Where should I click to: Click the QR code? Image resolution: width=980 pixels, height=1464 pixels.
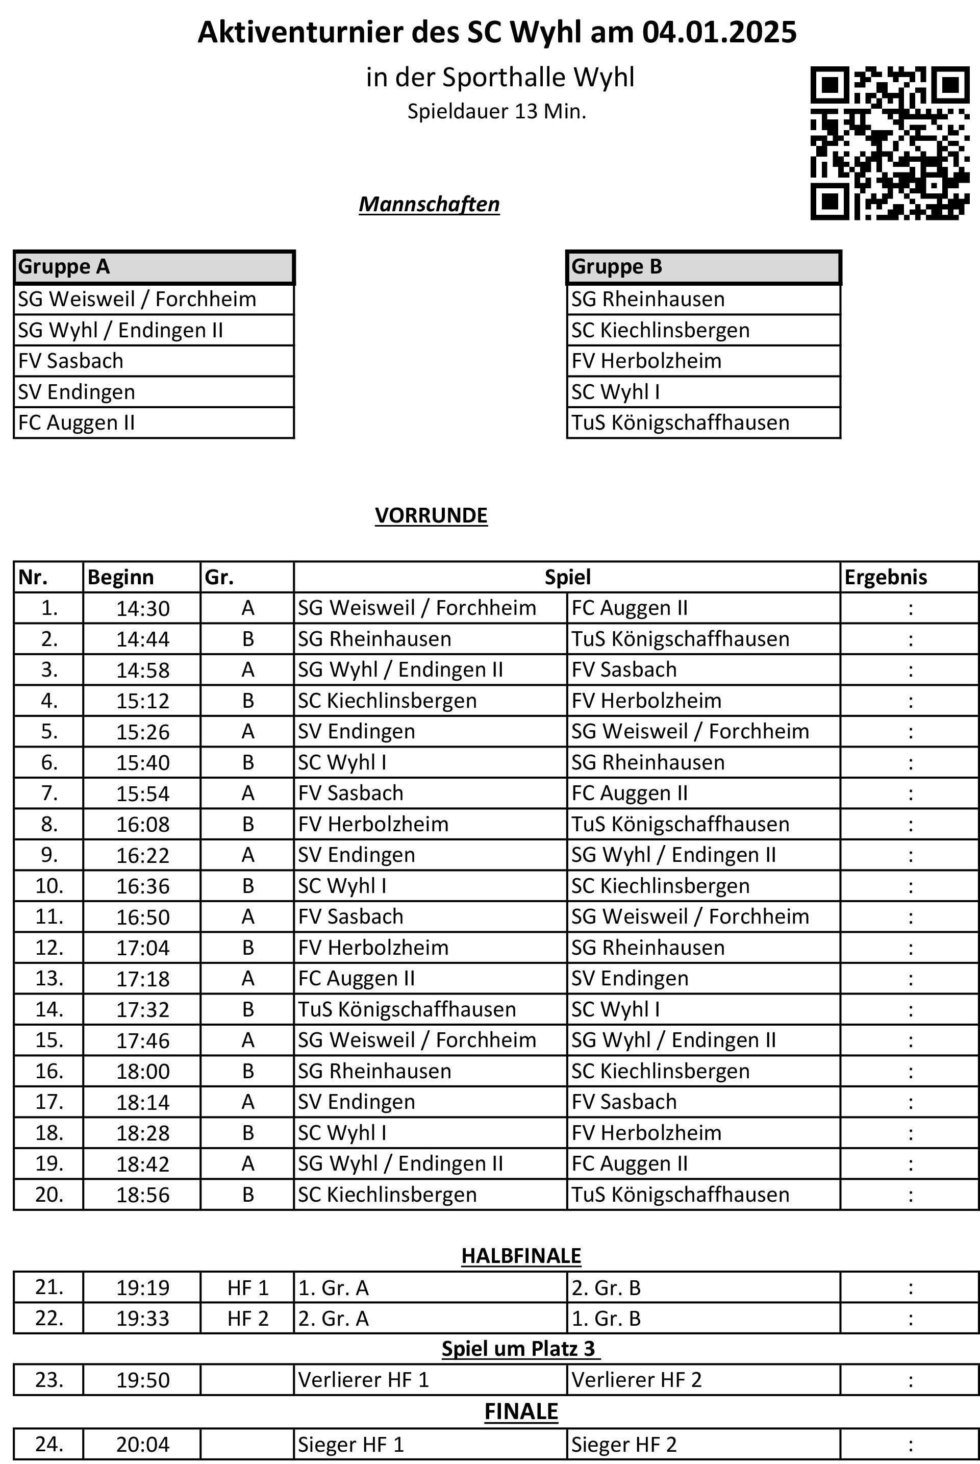tap(890, 143)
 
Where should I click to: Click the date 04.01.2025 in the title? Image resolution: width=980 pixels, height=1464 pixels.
tap(719, 32)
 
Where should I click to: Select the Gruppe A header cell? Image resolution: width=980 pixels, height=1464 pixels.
tap(153, 267)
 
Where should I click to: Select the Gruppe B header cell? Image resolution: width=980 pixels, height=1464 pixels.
tap(702, 267)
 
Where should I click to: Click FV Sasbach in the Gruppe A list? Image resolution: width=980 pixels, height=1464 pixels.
tap(71, 361)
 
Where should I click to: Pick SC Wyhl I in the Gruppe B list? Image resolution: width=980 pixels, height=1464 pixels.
tap(615, 392)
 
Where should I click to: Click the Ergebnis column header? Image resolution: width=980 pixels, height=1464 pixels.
tap(886, 577)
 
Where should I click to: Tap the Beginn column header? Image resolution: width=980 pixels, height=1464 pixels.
tap(120, 577)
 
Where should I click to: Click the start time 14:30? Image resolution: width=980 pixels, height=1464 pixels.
tap(142, 608)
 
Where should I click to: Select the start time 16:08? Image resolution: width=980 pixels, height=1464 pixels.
tap(142, 825)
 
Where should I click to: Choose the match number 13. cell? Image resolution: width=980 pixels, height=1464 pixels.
tap(49, 978)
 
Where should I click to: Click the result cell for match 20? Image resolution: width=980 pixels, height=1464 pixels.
tap(910, 1195)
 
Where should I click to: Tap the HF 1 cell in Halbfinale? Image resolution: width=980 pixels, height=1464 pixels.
tap(247, 1288)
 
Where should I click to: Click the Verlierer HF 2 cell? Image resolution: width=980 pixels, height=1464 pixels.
tap(636, 1380)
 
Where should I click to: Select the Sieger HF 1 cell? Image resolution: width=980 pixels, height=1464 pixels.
tap(350, 1445)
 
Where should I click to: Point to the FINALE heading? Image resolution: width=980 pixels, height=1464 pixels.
tap(521, 1411)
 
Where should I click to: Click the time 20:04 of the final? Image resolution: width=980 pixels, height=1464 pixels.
tap(142, 1445)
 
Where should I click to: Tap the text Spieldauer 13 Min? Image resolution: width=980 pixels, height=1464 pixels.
tap(497, 111)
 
